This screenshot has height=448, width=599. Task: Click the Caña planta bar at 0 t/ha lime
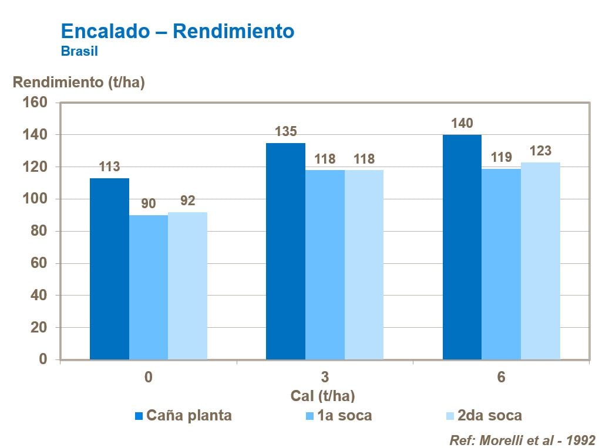tap(109, 269)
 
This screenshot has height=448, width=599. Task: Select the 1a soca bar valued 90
tap(149, 287)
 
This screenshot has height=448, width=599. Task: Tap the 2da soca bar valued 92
tap(187, 286)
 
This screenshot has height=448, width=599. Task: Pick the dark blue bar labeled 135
tap(285, 251)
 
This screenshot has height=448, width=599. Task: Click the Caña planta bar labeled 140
tap(462, 247)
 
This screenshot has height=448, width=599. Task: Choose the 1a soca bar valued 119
tap(501, 264)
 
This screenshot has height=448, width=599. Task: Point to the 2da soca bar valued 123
tap(540, 260)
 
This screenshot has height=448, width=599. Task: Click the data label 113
tap(109, 167)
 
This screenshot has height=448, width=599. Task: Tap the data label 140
tap(462, 124)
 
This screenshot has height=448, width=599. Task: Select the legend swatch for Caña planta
tap(139, 416)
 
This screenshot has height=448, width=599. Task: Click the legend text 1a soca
tap(345, 416)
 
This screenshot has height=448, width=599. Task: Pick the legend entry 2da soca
tap(489, 416)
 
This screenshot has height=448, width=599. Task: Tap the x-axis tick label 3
tap(325, 377)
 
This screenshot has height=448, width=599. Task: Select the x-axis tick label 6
tap(501, 377)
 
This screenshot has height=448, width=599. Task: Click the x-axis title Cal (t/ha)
tap(322, 396)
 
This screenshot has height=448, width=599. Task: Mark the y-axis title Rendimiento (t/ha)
tap(79, 83)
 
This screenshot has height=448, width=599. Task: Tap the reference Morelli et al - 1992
tap(522, 440)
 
